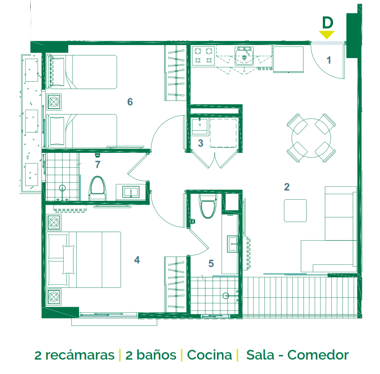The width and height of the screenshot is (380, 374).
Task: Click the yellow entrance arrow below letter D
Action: click(327, 35)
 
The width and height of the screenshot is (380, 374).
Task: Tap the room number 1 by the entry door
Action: click(328, 60)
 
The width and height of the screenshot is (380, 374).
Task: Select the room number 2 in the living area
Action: click(287, 187)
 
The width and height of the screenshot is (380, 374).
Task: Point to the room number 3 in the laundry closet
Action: click(200, 143)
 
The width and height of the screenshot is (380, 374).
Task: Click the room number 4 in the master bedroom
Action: click(137, 260)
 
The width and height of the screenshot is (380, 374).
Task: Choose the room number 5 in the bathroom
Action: click(211, 263)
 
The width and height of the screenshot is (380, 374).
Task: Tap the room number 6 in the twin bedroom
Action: click(130, 102)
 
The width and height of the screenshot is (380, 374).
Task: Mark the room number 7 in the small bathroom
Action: click(98, 164)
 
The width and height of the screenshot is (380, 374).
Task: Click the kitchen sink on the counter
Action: click(244, 56)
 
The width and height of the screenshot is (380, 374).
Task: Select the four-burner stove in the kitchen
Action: click(203, 55)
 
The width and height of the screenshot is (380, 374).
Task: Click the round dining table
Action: click(311, 138)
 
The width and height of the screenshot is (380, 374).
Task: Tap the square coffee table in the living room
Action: click(295, 210)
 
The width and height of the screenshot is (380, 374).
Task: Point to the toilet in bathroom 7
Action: click(98, 188)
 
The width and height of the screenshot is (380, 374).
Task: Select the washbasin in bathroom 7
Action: click(131, 192)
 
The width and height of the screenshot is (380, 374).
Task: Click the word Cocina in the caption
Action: click(210, 355)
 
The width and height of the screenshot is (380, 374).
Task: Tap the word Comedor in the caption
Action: click(318, 355)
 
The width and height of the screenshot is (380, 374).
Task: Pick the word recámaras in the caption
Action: click(80, 355)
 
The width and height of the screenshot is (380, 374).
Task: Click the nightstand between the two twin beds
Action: click(54, 102)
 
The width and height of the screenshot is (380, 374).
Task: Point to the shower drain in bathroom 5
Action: click(226, 295)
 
